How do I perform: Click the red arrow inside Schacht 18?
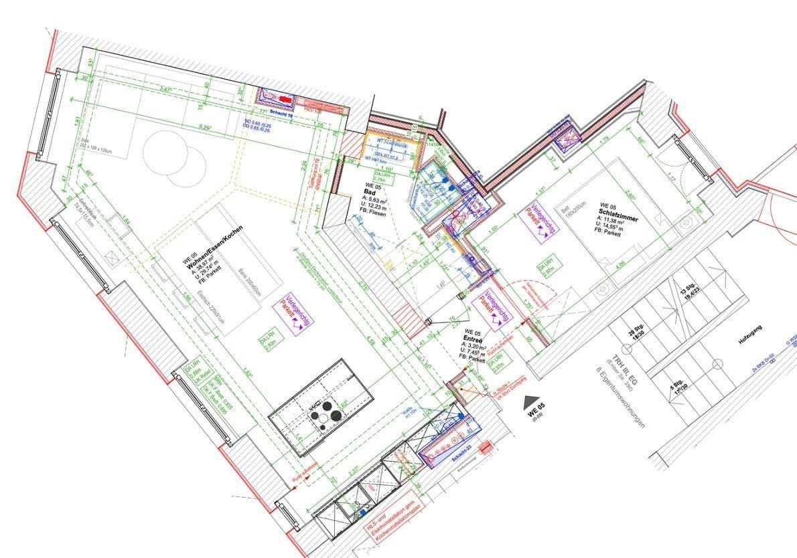286,100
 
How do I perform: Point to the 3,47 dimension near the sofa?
166,89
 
